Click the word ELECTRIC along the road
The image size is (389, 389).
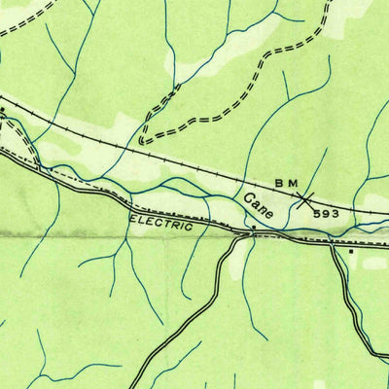pyautogui.click(x=160, y=223)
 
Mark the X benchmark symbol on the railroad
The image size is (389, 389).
pyautogui.click(x=305, y=200)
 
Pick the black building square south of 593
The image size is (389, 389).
pyautogui.click(x=351, y=251)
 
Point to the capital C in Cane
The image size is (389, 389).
pyautogui.click(x=250, y=199)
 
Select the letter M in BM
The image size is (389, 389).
pyautogui.click(x=293, y=185)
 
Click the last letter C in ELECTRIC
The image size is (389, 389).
pyautogui.click(x=190, y=227)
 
